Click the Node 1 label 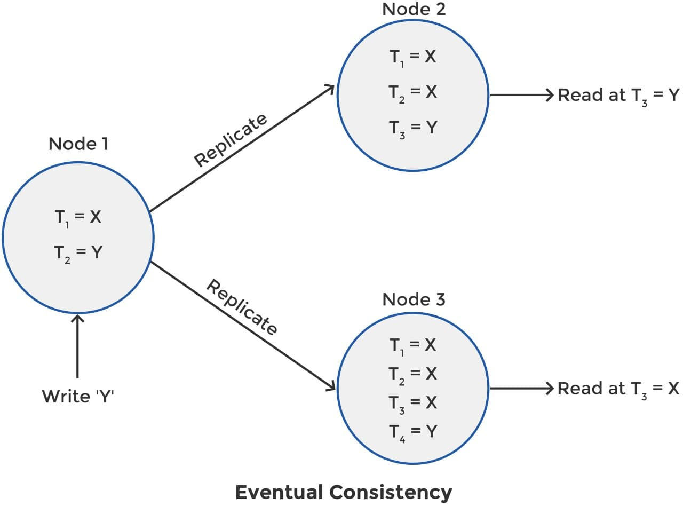pos(78,144)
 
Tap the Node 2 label pos(414,10)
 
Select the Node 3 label pos(414,299)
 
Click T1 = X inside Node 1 pos(78,217)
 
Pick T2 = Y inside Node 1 pos(78,252)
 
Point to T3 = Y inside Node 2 pos(412,128)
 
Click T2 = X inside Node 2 pos(412,93)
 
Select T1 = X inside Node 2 pos(412,57)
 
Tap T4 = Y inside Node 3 pos(412,431)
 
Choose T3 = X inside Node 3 pos(412,402)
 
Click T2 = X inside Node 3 pos(412,374)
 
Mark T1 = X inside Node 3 pos(412,345)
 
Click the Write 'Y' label pos(78,396)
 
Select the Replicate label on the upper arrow pos(231,140)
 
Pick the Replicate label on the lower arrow pos(242,307)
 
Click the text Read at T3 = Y pos(618,96)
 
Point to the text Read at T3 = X pos(618,389)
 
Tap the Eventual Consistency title pos(344,492)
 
